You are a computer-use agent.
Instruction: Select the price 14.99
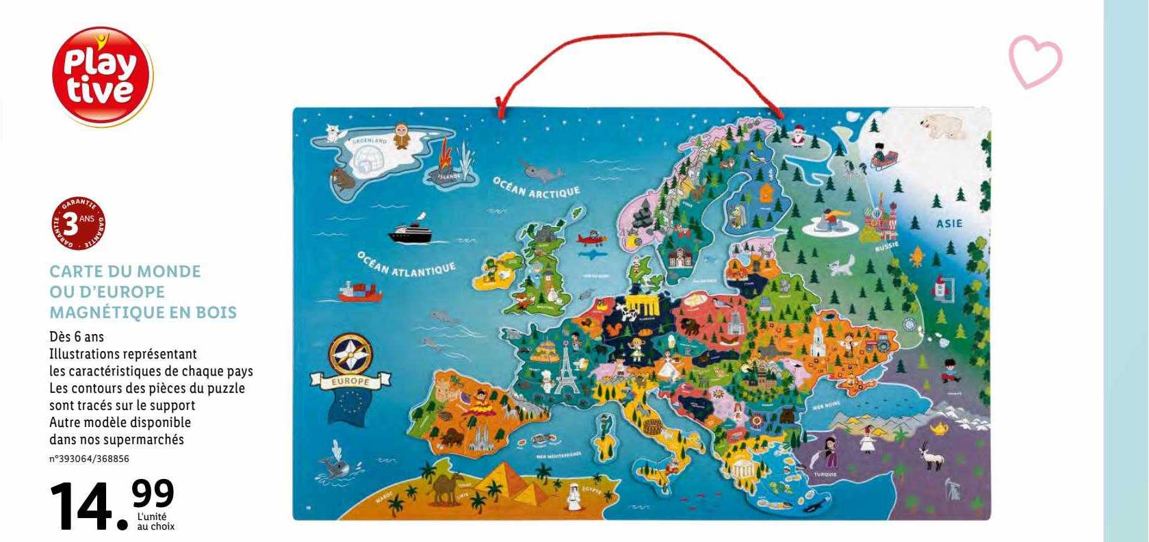113,505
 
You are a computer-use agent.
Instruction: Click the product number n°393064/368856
90,459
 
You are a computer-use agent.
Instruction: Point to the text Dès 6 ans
77,337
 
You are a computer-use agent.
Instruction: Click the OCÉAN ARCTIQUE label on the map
536,188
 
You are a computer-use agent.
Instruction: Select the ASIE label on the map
949,223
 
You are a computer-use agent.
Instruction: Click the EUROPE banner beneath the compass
350,380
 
